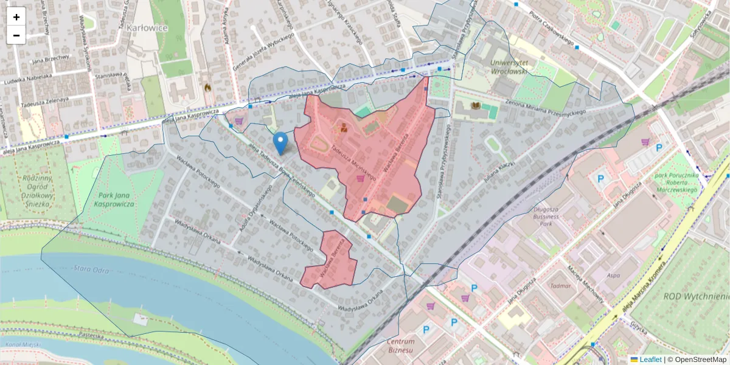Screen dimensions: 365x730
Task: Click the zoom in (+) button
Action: (16, 17)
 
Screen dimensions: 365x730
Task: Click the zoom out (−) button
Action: (16, 35)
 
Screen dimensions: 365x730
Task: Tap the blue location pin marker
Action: (280, 143)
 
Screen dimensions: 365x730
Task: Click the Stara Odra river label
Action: (89, 268)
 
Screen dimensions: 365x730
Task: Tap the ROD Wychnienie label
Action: (696, 296)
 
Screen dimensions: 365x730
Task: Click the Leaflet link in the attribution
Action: (650, 360)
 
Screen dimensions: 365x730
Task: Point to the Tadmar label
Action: (560, 285)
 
